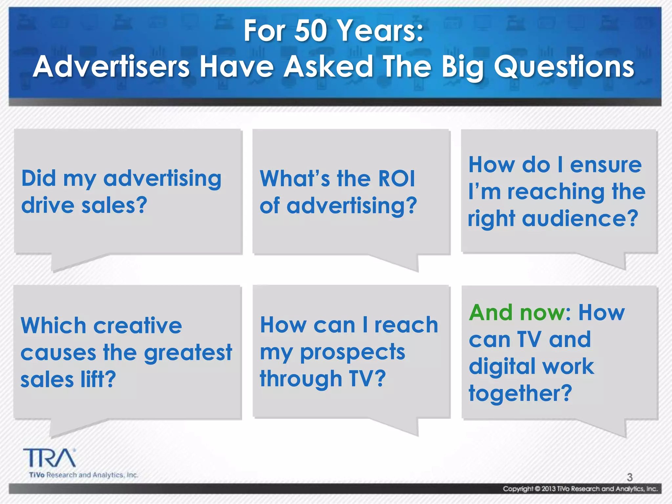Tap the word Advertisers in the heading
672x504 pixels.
(x=112, y=67)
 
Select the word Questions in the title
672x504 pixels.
(x=564, y=67)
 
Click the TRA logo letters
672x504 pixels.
(x=49, y=458)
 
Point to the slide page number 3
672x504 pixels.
(x=630, y=477)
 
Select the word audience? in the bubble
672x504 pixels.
(x=580, y=219)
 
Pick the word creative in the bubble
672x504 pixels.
(x=137, y=326)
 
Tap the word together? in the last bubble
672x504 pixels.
(x=520, y=393)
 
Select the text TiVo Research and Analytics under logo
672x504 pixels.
(x=84, y=475)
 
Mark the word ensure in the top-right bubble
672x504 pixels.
(x=606, y=165)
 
